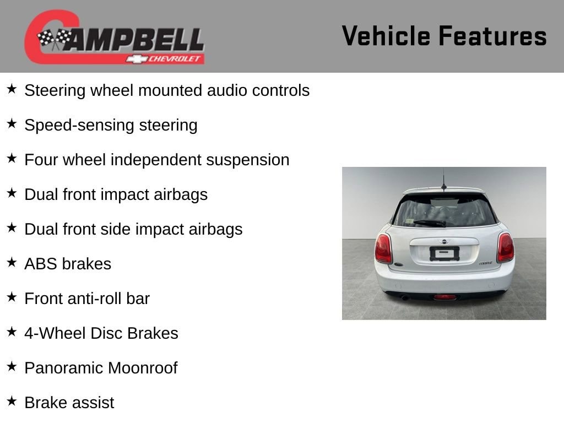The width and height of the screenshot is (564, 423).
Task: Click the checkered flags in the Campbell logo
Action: coord(55,39)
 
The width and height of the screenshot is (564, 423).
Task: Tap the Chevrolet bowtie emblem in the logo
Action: coord(137,59)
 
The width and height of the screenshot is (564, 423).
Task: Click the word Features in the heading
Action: coord(492,36)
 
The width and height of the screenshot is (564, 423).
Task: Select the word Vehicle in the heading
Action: coord(386,36)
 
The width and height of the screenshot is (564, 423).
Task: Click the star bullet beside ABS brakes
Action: coord(12,262)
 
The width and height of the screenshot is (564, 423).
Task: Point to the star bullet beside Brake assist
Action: coord(12,401)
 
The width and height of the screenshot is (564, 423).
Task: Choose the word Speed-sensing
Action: coord(79,126)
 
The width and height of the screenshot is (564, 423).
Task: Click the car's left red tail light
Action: coord(383,248)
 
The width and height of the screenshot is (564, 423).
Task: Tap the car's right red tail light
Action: coord(506,247)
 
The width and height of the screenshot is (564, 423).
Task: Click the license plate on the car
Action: coord(444,253)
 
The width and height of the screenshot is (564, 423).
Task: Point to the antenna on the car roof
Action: coord(444,180)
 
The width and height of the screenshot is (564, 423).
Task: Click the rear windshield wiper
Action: coord(430,223)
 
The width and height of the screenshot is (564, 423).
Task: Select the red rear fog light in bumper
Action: coord(445,297)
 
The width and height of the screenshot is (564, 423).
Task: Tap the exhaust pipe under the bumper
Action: coord(404,298)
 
